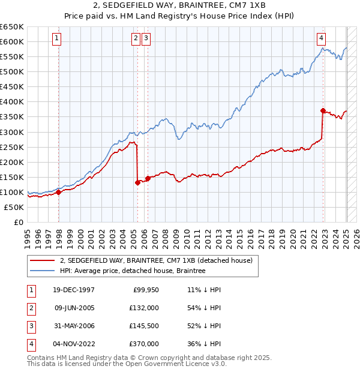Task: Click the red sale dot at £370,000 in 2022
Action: (323, 110)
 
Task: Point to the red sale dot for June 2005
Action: (137, 182)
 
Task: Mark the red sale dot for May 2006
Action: (148, 178)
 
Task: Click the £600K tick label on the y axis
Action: (12, 41)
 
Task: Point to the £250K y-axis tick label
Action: (12, 147)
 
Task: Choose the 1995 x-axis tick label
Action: (28, 236)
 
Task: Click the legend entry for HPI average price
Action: (132, 271)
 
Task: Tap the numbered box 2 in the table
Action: (31, 308)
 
